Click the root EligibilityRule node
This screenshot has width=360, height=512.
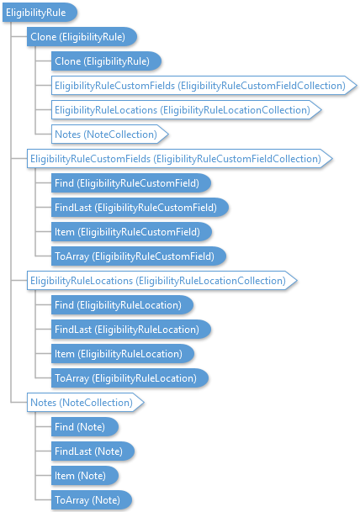(x=40, y=13)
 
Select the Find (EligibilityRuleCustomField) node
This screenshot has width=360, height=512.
(x=131, y=183)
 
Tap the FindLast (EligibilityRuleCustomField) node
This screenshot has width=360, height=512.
(x=140, y=208)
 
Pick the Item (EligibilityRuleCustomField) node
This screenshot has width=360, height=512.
(x=132, y=232)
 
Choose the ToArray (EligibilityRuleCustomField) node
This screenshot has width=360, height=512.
(x=139, y=256)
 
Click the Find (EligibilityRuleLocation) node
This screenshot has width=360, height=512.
(x=122, y=305)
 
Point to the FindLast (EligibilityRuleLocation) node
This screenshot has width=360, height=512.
(x=131, y=330)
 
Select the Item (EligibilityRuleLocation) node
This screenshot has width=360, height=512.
(x=123, y=354)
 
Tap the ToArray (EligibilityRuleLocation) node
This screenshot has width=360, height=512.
(x=130, y=378)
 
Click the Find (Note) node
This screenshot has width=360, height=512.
(x=85, y=427)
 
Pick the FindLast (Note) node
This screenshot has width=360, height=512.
(x=93, y=451)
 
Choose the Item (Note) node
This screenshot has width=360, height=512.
(x=85, y=476)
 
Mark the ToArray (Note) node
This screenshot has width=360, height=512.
(x=92, y=500)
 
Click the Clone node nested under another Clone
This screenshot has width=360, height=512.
(x=106, y=61)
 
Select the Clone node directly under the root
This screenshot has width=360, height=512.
(x=82, y=37)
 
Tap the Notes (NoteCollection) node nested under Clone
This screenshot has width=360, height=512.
(x=109, y=135)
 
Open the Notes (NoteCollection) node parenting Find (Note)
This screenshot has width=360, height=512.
(x=85, y=402)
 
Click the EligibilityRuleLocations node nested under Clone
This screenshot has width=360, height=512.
(x=187, y=109)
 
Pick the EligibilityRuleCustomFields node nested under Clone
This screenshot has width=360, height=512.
(x=204, y=86)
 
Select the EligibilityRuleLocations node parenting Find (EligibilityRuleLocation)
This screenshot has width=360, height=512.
(x=162, y=281)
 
